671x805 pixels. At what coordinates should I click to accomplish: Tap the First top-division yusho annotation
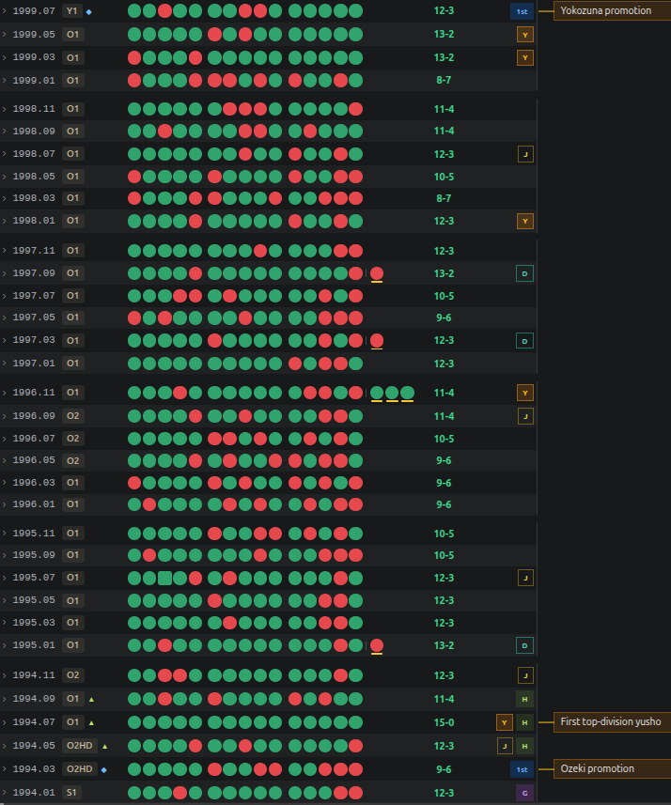[x=612, y=721]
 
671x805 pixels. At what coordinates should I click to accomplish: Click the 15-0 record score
[x=444, y=722]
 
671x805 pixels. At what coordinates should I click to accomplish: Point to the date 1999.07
[x=34, y=10]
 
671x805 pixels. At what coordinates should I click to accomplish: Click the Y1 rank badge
[x=72, y=10]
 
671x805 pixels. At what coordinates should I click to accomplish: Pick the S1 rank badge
[x=71, y=792]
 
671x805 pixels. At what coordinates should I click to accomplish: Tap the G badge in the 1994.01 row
[x=524, y=793]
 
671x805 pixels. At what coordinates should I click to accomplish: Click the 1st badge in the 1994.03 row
[x=522, y=769]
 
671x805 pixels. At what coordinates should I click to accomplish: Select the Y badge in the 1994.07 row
[x=505, y=722]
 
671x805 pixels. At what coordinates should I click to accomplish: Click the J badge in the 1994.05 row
[x=505, y=746]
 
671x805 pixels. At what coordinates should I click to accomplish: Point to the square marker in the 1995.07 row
[x=164, y=578]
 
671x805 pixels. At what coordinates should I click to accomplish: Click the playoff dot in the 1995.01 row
[x=377, y=646]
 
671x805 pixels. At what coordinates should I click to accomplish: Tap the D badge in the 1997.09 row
[x=524, y=273]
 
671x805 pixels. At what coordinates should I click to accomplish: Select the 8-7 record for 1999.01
[x=444, y=80]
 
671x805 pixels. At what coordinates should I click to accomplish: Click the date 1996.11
[x=34, y=393]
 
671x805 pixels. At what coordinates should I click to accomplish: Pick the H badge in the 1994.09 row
[x=524, y=699]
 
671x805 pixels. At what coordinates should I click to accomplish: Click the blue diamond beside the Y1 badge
[x=89, y=12]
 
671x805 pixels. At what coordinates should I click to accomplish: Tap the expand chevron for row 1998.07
[x=4, y=153]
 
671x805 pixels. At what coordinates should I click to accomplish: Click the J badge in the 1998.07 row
[x=525, y=154]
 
